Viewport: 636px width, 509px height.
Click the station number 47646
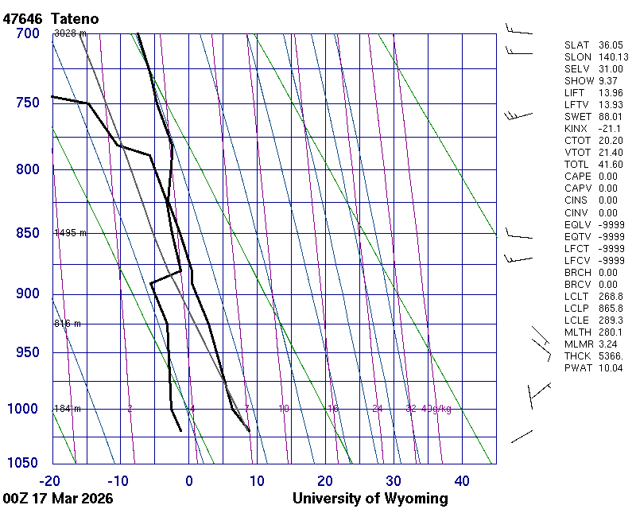click(21, 18)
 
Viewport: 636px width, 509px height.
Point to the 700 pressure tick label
click(27, 33)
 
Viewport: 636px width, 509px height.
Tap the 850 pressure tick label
click(27, 233)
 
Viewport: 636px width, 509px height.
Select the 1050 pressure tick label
click(23, 463)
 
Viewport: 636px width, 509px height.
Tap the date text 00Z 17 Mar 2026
click(57, 499)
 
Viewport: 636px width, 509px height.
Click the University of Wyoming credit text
click(370, 499)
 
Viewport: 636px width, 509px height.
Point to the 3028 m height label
click(70, 33)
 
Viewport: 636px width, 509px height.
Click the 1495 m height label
click(70, 233)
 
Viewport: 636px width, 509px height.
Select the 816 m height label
click(68, 324)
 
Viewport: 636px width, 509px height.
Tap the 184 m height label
click(68, 409)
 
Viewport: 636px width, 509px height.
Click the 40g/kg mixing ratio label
click(436, 409)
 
